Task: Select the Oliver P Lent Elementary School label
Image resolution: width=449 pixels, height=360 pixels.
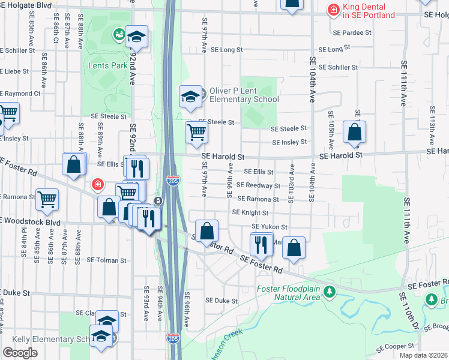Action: [x=243, y=95]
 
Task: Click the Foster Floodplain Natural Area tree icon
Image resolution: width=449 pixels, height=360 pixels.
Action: [x=328, y=292]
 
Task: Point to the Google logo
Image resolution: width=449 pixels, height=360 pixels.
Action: [x=20, y=353]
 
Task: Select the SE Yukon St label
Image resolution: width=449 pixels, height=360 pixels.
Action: [x=270, y=227]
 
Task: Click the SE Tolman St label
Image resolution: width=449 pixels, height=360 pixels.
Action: [x=107, y=260]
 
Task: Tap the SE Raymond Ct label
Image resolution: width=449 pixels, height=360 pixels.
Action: [x=20, y=94]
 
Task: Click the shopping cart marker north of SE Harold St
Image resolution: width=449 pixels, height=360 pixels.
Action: [x=196, y=133]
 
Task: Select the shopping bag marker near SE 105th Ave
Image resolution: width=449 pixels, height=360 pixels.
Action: [x=354, y=133]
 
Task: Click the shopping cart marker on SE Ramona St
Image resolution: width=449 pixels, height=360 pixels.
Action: [x=47, y=199]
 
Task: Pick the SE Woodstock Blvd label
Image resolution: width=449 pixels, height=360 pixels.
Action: [x=30, y=221]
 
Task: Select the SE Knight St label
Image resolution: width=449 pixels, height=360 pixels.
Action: [x=250, y=212]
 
